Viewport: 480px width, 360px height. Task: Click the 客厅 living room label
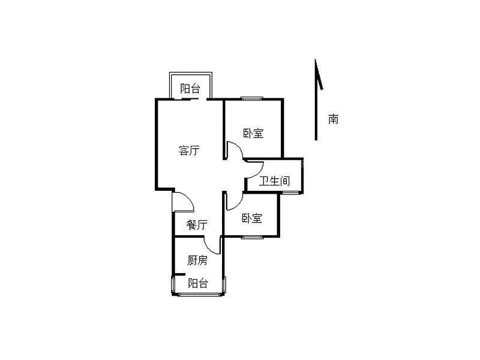189,151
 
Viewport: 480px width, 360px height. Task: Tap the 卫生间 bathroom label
274,181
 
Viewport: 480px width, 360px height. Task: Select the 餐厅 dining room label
196,226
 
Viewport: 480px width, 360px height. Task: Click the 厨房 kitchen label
197,260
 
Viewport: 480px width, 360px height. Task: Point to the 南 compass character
333,119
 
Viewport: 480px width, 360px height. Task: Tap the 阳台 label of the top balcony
190,89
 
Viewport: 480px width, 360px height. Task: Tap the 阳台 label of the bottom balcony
197,283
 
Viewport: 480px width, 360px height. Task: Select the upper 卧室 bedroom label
253,133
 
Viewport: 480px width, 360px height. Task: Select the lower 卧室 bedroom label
252,218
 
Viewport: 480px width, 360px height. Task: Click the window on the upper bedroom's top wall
252,98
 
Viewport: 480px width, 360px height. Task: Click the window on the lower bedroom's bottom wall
252,237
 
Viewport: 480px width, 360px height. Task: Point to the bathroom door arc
251,171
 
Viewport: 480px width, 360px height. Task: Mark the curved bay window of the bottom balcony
198,294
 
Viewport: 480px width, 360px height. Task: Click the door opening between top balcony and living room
199,99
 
